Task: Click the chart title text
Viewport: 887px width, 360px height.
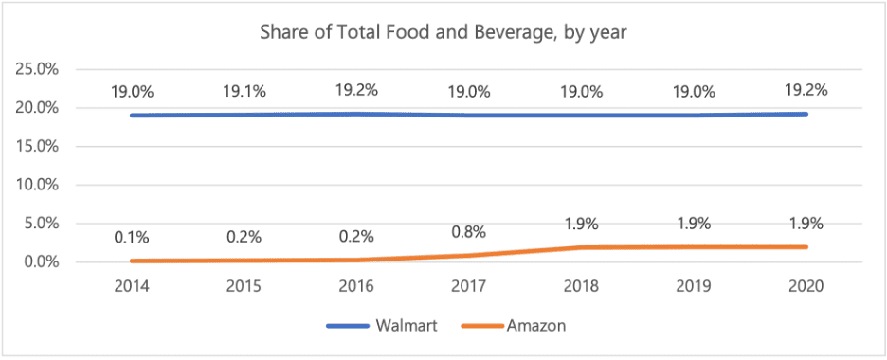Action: [443, 32]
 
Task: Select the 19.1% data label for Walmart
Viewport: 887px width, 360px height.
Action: [244, 92]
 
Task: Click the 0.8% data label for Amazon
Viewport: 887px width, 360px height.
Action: [469, 232]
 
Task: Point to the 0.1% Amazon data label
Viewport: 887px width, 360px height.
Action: [133, 238]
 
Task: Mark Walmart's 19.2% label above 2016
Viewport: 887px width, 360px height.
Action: [357, 90]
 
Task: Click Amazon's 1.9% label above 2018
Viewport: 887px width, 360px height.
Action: [582, 224]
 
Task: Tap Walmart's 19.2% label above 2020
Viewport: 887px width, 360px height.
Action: [806, 90]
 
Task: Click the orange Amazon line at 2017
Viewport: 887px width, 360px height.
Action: [469, 256]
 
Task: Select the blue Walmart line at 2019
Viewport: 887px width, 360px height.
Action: [695, 116]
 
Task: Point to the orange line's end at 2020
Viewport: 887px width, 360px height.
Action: [806, 247]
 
